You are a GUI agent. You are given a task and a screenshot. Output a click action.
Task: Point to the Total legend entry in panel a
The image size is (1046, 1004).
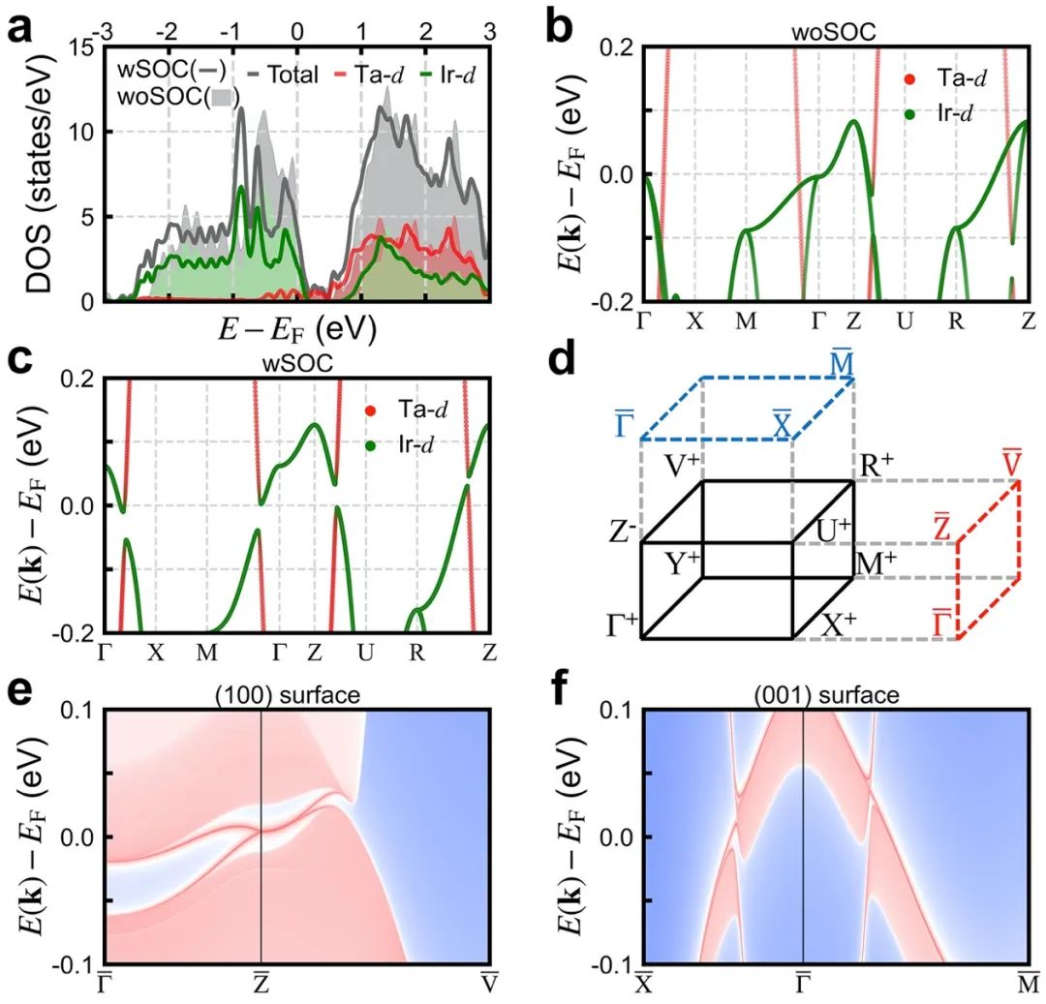coord(282,74)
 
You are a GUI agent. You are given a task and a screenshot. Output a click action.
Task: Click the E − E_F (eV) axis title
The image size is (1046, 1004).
coord(297,329)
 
